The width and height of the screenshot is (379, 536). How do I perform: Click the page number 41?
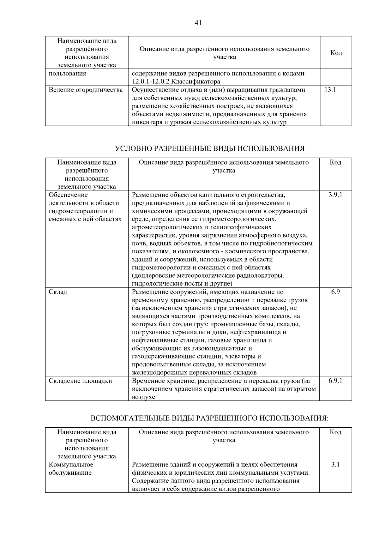tap(198, 23)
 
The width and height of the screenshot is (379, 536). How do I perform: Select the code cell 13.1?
tap(330, 90)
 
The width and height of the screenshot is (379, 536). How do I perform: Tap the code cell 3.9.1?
tap(335, 195)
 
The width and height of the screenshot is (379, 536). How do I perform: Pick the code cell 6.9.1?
tap(335, 381)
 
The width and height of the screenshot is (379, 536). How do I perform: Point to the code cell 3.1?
tap(335, 465)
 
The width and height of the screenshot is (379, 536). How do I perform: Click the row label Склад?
tap(58, 292)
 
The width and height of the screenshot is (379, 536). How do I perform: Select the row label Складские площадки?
tap(80, 381)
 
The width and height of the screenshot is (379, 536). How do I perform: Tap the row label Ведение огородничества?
tap(86, 90)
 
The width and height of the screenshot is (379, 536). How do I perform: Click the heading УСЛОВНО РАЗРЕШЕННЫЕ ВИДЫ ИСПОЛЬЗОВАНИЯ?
tap(210, 148)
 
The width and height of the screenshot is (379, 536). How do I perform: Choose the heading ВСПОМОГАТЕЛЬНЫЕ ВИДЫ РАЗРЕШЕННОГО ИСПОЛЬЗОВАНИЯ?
tap(210, 418)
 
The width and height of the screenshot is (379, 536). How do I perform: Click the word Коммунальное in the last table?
tap(71, 465)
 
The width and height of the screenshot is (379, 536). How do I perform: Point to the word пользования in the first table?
tap(67, 74)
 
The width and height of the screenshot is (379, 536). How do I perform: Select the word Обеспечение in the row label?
tap(68, 195)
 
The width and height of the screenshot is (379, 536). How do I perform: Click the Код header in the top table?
tap(336, 53)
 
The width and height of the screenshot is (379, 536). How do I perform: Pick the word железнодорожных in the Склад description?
tap(159, 373)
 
